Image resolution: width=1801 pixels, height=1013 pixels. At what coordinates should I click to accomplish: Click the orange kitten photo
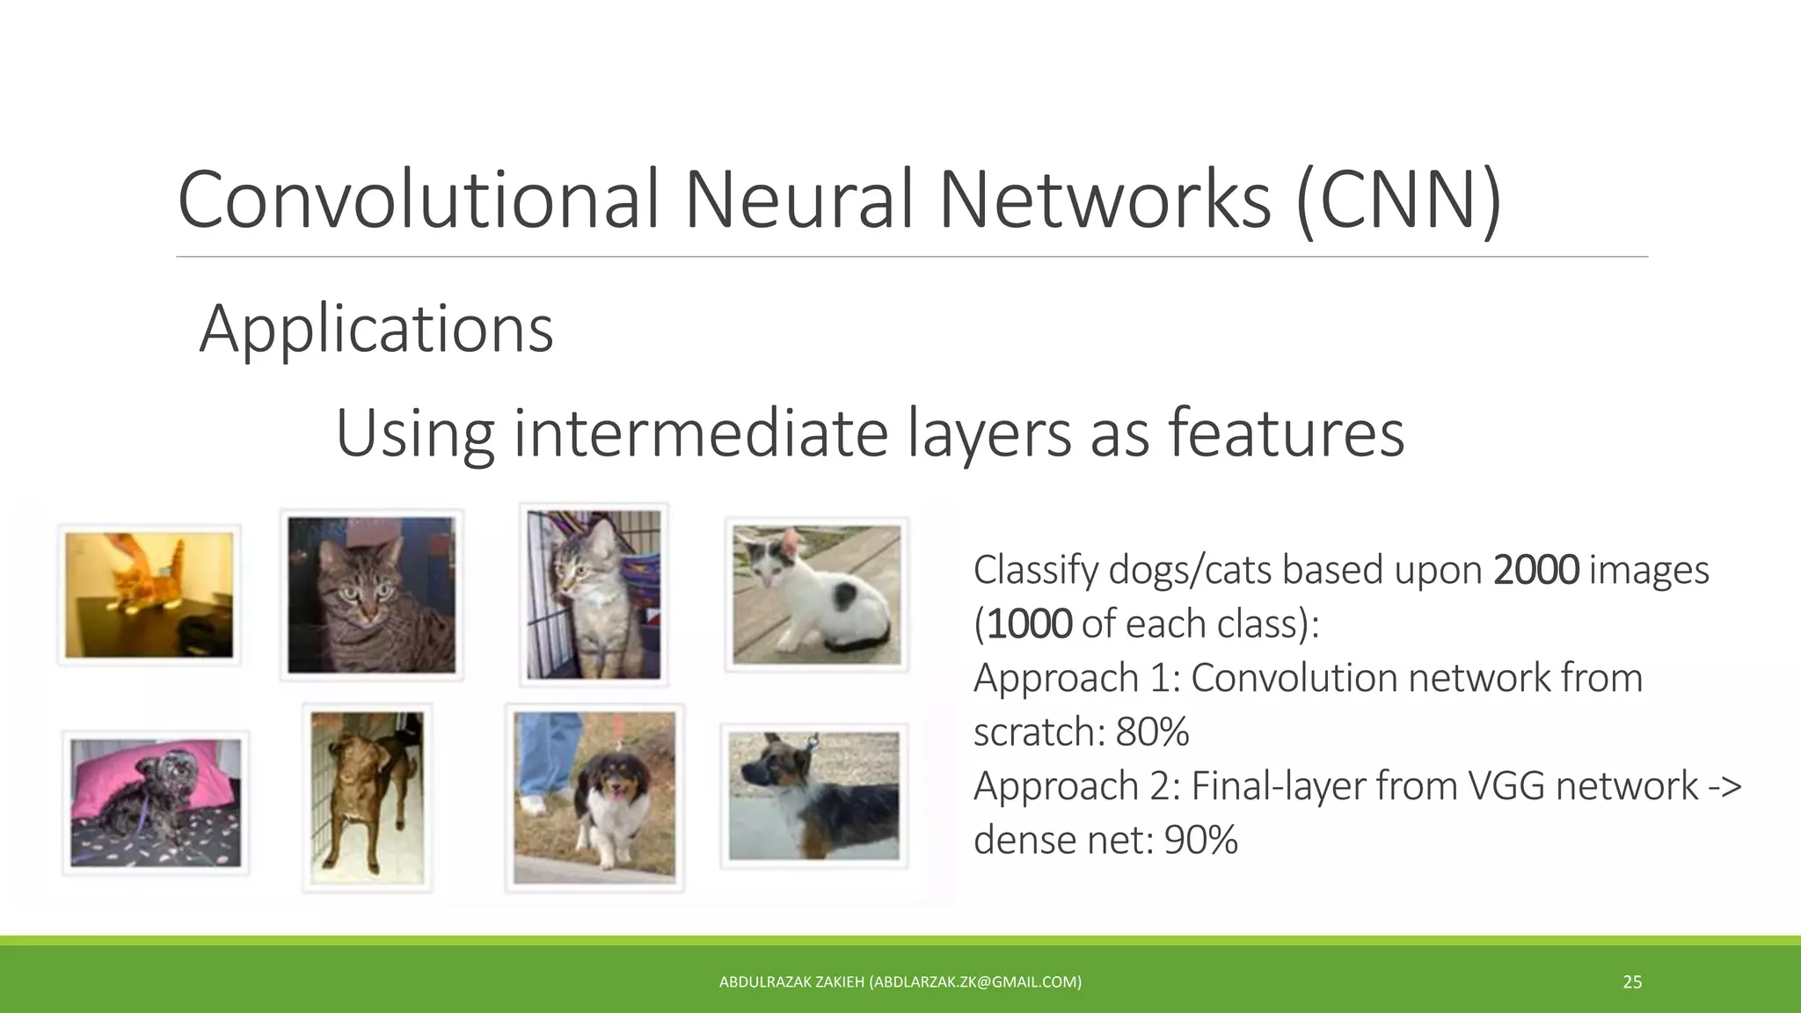(x=149, y=594)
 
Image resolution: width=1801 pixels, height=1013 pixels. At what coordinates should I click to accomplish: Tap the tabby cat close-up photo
(x=371, y=595)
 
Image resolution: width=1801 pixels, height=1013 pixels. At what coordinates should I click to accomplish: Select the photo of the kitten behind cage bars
(x=594, y=594)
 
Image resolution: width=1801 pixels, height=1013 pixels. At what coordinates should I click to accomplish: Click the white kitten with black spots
(x=816, y=594)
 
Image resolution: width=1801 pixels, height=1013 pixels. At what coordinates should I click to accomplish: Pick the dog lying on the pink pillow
(x=155, y=803)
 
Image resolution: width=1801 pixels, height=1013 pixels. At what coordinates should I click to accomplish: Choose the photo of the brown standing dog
(x=367, y=798)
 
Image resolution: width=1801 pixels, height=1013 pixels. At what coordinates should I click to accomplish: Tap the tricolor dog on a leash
(x=594, y=798)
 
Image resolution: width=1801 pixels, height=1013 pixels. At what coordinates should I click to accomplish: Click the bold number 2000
(x=1535, y=570)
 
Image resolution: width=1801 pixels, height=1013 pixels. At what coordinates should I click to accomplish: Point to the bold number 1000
(x=1029, y=624)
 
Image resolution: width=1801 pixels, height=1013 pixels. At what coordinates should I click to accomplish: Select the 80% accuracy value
(x=1152, y=732)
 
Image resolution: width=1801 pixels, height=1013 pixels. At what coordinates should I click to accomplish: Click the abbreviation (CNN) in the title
(x=1398, y=200)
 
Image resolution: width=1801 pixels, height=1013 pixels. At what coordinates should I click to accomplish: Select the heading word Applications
(x=376, y=329)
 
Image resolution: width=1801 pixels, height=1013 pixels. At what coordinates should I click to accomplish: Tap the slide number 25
(x=1632, y=982)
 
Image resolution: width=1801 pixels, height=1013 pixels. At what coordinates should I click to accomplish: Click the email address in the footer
(x=975, y=982)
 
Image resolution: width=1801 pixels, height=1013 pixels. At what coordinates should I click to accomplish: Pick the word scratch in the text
(x=1036, y=732)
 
